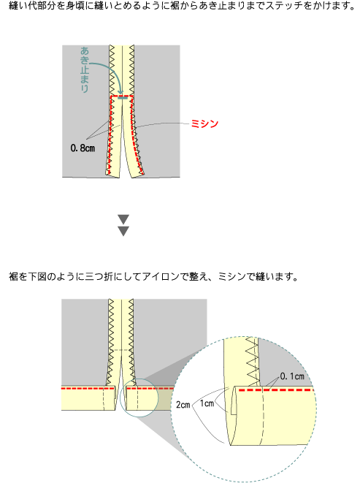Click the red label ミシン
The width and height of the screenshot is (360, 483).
(204, 123)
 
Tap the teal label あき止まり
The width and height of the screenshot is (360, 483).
(85, 69)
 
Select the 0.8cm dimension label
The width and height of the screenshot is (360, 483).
(83, 148)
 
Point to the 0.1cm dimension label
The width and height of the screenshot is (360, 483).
(292, 376)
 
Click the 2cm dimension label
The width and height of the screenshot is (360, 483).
(183, 405)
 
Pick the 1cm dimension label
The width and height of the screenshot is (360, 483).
(207, 403)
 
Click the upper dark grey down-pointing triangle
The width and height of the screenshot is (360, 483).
(123, 219)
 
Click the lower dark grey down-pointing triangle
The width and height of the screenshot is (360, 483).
(123, 231)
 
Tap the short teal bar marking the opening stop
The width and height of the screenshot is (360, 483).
(123, 98)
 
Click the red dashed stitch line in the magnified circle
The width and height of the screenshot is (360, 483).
(276, 390)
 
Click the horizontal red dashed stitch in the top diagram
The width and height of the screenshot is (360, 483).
(122, 96)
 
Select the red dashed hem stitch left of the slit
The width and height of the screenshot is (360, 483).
(88, 389)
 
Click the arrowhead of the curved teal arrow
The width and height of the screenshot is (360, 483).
(121, 92)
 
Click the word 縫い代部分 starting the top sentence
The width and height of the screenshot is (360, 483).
(28, 5)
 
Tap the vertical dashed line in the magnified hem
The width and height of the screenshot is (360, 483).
(262, 416)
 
